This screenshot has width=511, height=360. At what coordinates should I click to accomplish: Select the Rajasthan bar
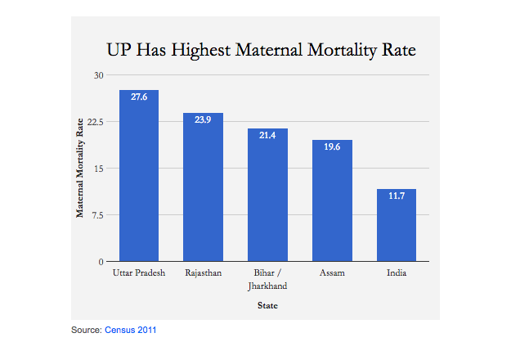[x=204, y=192]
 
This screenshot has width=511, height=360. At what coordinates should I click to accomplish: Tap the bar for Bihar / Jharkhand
[x=268, y=200]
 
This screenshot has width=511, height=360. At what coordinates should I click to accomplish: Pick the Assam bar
[x=332, y=205]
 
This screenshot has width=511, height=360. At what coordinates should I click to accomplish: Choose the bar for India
[x=397, y=227]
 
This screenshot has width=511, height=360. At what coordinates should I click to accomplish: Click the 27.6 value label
[x=139, y=97]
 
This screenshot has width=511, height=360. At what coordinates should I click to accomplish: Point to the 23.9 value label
[x=204, y=120]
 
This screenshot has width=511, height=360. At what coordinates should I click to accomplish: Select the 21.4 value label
[x=268, y=135]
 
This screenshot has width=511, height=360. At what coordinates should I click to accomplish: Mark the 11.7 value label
[x=397, y=196]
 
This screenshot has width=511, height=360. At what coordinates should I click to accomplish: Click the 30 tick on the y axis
[x=100, y=75]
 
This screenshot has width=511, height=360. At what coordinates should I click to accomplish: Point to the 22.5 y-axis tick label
[x=96, y=122]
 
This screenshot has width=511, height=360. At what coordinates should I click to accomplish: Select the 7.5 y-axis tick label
[x=99, y=215]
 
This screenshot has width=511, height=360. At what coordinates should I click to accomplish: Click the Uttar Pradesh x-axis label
[x=139, y=272]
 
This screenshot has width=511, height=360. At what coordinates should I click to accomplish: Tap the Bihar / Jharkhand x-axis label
[x=268, y=278]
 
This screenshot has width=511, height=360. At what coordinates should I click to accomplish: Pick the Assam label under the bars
[x=332, y=272]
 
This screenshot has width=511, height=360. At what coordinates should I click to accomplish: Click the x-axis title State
[x=267, y=306]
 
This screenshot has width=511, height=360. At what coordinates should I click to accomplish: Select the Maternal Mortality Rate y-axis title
[x=80, y=169]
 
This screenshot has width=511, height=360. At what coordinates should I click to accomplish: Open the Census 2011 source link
[x=130, y=330]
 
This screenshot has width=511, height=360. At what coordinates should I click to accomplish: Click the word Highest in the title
[x=199, y=50]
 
